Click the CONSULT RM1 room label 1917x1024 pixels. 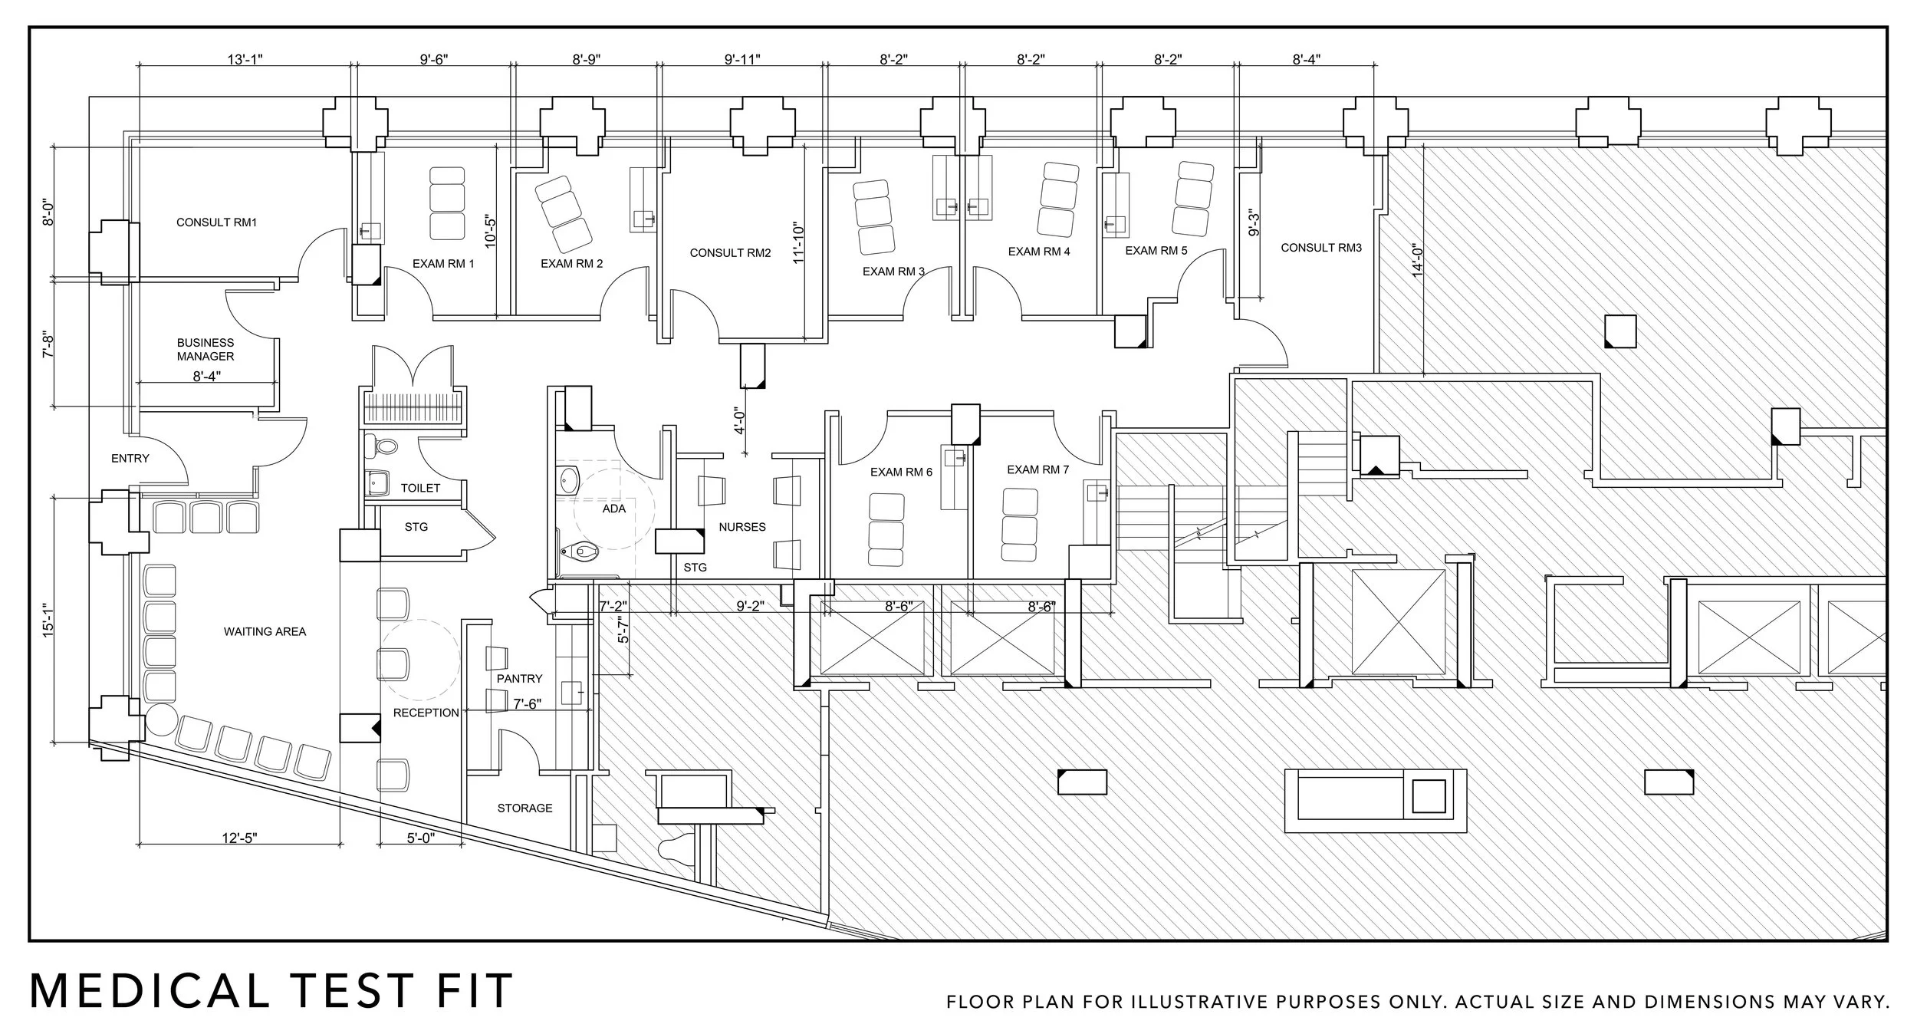coord(216,222)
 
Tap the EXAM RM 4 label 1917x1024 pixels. coord(1038,252)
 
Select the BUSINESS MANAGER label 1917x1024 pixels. coord(206,349)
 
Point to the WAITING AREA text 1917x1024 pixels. coord(265,632)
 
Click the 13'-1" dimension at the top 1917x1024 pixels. coord(245,60)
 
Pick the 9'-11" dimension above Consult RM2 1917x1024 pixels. coord(741,60)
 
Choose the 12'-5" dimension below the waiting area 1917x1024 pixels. coord(239,838)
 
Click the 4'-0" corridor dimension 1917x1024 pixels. coord(740,420)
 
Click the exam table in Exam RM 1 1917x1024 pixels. coord(447,202)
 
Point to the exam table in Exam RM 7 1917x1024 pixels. coord(1020,528)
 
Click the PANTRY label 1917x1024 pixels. coord(519,679)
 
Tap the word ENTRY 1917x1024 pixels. coord(130,459)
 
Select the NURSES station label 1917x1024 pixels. coord(741,527)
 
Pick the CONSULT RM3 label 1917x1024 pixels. coord(1320,248)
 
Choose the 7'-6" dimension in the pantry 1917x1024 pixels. coord(527,704)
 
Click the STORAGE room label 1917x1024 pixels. coord(524,808)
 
